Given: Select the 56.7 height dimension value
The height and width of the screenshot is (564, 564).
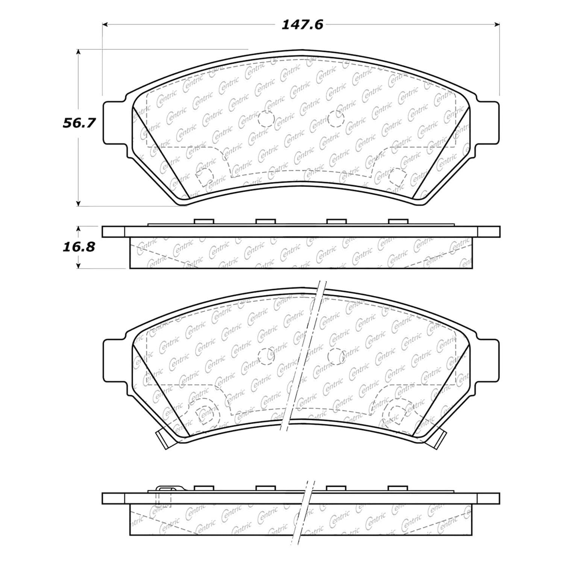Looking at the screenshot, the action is (79, 123).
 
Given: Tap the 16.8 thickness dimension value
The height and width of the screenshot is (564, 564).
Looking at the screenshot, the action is (79, 247).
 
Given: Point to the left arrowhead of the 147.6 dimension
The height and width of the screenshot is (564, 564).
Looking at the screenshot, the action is (106, 25).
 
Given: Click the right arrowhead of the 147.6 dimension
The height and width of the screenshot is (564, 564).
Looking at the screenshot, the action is (497, 25).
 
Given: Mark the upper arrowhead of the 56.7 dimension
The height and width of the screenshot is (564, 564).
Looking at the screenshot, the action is (78, 52).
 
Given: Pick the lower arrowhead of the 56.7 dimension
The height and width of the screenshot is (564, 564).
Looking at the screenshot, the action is (78, 203).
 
